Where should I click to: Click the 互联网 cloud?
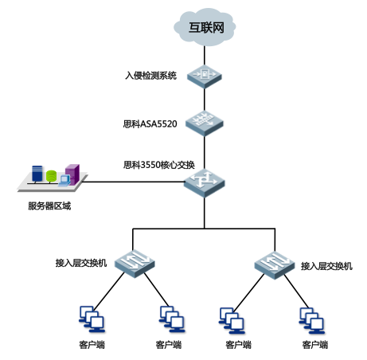coord(205,27)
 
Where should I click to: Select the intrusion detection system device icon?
coord(205,76)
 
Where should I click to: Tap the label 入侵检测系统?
coord(150,76)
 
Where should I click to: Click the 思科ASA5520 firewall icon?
coord(205,123)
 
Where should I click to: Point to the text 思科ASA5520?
coord(150,123)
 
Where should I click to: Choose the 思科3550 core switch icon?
coord(205,183)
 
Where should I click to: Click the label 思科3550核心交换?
coord(159,165)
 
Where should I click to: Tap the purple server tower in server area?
coord(72,174)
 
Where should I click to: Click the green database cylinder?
coord(51,176)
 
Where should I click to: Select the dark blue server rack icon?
coord(37,174)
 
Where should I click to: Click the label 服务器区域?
coord(49,206)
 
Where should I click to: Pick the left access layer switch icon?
coord(135,264)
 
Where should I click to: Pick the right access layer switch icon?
coord(275,264)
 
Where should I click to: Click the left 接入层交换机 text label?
coord(81,263)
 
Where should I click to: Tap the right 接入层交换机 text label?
coord(326,266)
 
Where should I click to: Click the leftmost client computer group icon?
coord(92,319)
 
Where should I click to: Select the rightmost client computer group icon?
coord(312,320)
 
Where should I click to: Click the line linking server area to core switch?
coord(135,182)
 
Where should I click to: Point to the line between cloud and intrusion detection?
coord(205,56)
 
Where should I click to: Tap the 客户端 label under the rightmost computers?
coord(315,345)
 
